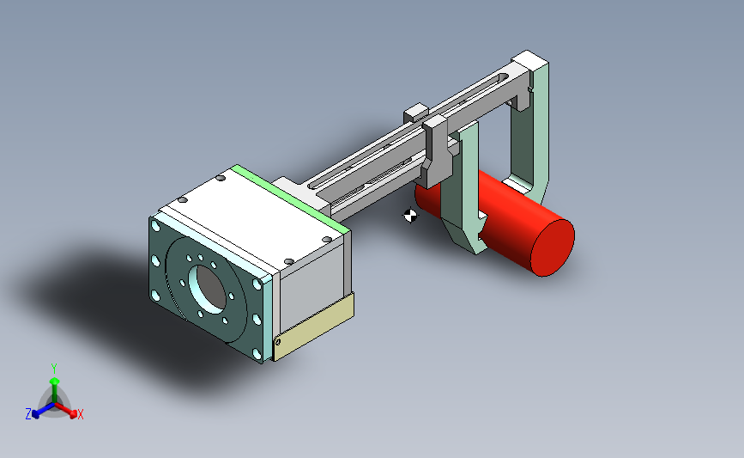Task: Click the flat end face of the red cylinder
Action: click(x=553, y=247)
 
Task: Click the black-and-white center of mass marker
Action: click(x=410, y=216)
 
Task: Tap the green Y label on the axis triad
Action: click(x=54, y=369)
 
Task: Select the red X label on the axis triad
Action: click(x=81, y=414)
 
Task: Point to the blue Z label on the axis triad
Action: click(x=28, y=414)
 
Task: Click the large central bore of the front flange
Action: click(x=208, y=290)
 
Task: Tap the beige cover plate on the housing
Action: click(x=314, y=327)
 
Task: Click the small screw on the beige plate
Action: click(x=278, y=341)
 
